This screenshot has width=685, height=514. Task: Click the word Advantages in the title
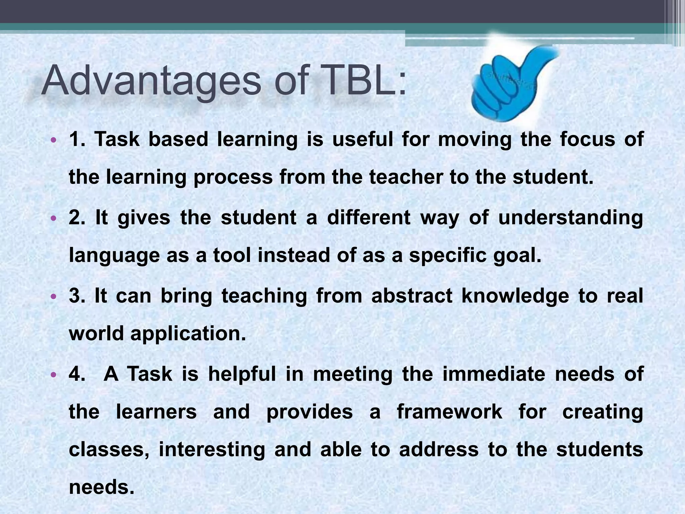tap(151, 81)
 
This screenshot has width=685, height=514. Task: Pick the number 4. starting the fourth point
tap(77, 374)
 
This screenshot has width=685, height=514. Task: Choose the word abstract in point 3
tap(411, 296)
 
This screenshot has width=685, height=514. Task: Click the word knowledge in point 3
tap(515, 296)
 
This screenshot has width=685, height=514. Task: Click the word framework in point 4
tap(450, 412)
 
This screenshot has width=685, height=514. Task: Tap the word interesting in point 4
tap(212, 449)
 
